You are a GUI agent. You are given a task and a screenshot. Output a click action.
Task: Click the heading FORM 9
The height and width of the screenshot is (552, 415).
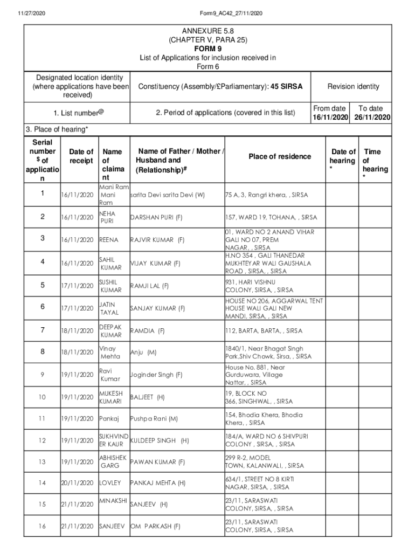[x=207, y=49]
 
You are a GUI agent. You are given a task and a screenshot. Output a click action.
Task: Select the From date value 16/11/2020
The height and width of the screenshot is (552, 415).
[x=331, y=118]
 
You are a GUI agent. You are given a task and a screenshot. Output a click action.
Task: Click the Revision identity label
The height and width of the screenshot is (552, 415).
[x=353, y=86]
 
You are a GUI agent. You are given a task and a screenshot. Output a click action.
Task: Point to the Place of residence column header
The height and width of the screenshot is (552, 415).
[x=280, y=156]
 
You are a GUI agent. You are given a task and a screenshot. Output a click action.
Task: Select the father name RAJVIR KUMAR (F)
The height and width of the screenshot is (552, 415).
[x=157, y=240]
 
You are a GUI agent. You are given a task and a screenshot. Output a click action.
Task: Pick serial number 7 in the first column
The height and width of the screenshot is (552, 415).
[x=42, y=330]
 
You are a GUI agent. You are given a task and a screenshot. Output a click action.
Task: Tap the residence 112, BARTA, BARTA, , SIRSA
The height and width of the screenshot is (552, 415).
[x=264, y=330]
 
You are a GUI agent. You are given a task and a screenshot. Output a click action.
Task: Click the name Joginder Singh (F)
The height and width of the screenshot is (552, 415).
[x=156, y=375]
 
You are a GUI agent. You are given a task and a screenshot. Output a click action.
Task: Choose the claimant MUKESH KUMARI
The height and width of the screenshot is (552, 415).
[x=111, y=397]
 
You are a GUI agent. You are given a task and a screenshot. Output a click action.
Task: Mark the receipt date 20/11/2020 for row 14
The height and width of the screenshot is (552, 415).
[x=78, y=483]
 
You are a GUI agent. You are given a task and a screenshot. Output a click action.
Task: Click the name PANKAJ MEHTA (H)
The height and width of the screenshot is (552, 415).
[x=158, y=483]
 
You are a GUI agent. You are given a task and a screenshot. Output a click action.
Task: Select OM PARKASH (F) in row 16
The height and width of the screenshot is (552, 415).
[x=155, y=526]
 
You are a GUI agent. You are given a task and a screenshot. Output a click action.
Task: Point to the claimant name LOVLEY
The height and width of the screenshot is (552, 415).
[x=110, y=483]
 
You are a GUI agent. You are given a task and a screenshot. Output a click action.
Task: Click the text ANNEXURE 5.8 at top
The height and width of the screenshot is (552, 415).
[x=207, y=31]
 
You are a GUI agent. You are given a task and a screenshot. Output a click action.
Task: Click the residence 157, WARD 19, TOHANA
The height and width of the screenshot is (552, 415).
[x=271, y=217]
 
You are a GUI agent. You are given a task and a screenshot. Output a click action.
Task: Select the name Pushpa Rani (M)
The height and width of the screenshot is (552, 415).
[x=154, y=418]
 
